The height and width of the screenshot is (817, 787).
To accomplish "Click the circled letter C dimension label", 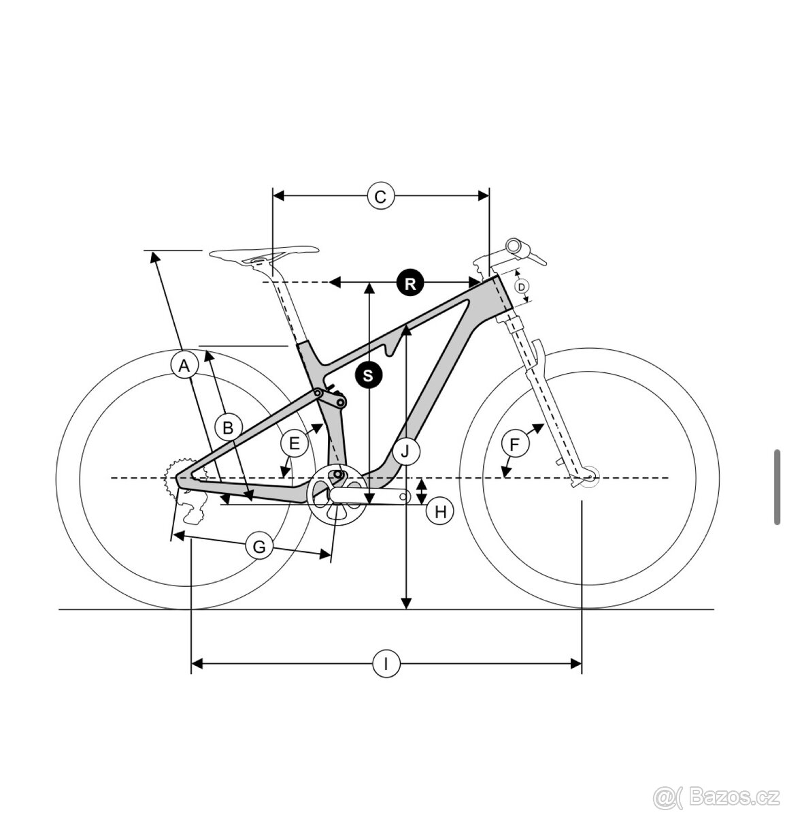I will point(380,196).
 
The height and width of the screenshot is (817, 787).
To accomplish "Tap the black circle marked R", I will point(409,282).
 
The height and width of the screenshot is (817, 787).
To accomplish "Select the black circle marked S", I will point(368,374).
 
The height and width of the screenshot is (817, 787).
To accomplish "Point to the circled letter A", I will point(183,366).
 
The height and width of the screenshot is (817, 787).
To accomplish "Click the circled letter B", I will point(228,428).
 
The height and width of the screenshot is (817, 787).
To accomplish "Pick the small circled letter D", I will point(522,287).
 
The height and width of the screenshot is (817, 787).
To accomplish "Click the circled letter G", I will point(258,546).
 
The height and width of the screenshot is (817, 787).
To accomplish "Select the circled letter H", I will point(440,511).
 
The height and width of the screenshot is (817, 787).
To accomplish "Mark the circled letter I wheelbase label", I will point(386,663).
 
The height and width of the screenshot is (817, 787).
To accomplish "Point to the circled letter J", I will point(406,450).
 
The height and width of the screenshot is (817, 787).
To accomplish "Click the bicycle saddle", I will point(264,255).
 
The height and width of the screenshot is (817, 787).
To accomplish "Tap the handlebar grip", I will point(519,246).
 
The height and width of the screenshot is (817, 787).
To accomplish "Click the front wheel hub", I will point(588,478).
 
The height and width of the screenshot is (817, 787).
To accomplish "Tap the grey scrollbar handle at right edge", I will point(777,486).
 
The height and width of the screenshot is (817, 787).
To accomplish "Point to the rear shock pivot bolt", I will point(316,393).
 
